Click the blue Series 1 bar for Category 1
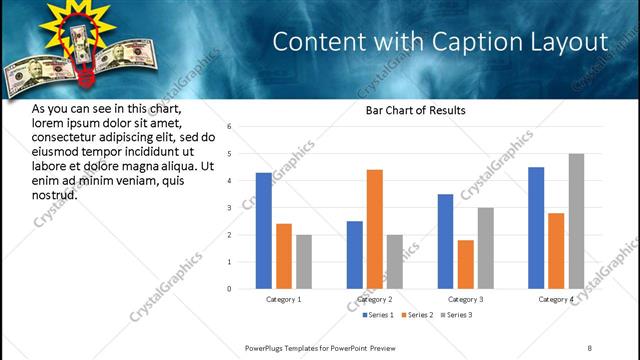[x=264, y=231]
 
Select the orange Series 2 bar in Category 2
[x=375, y=229]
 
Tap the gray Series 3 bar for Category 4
[x=576, y=221]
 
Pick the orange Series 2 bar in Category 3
[x=466, y=264]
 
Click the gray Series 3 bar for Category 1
[x=304, y=262]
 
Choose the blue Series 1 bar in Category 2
[x=355, y=255]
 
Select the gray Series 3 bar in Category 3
[x=486, y=248]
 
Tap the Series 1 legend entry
[x=379, y=315]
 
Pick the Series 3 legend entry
[x=456, y=315]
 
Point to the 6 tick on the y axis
[x=229, y=127]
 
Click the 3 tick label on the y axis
[x=229, y=208]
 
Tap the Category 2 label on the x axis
[x=375, y=299]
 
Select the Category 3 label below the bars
[x=466, y=299]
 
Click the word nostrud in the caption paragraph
[x=54, y=194]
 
